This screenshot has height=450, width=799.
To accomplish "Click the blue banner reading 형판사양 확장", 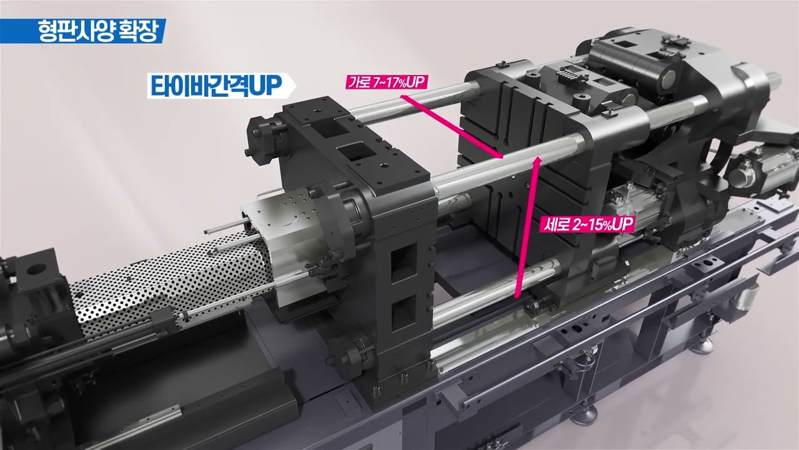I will pos(82,30).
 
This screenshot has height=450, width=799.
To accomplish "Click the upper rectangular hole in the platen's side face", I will pos(401,257).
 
